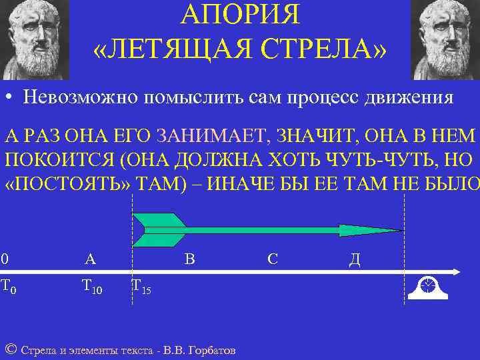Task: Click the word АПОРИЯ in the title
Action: coord(241,14)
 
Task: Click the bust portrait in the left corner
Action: coord(34,39)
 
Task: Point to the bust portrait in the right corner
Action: coord(445,39)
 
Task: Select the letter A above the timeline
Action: coord(90,259)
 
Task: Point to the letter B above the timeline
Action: coord(189,259)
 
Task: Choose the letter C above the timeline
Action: coord(273,259)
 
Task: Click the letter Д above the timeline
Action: coord(355,259)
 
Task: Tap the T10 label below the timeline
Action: coord(91,287)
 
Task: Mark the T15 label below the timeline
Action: coord(141,287)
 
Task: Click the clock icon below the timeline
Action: coord(427,286)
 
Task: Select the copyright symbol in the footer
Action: coord(10,349)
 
